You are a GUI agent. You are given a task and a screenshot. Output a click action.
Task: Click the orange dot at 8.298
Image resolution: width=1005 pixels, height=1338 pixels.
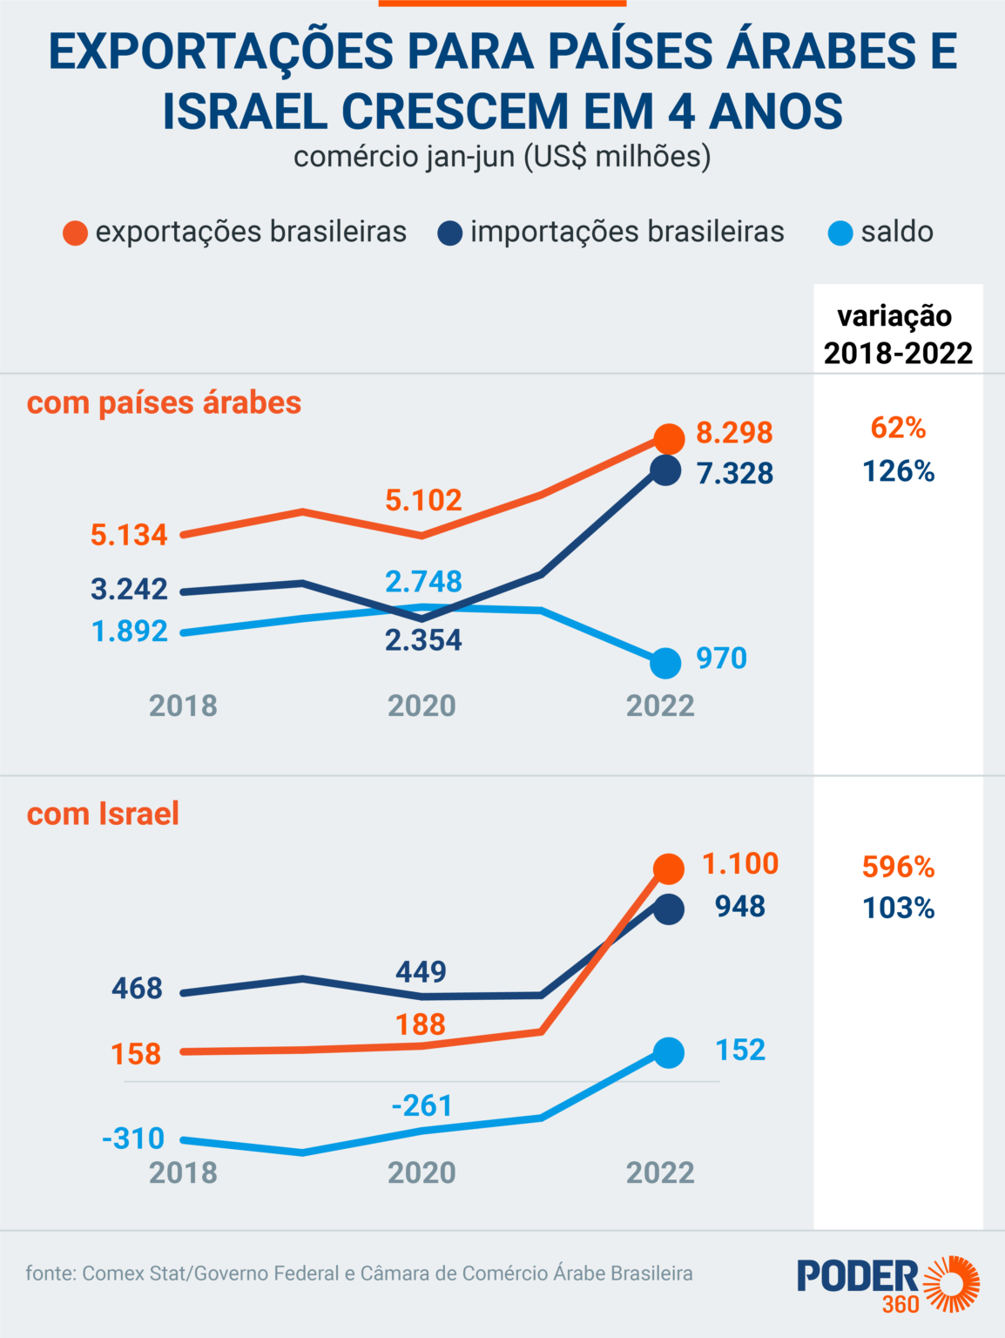click(x=669, y=438)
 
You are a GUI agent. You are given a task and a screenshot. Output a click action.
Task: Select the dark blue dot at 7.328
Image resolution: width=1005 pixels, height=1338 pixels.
click(x=665, y=470)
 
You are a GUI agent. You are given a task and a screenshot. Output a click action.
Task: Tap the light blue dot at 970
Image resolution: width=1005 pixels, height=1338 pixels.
click(x=665, y=663)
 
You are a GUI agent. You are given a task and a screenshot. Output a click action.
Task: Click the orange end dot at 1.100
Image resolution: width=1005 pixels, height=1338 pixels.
click(x=669, y=868)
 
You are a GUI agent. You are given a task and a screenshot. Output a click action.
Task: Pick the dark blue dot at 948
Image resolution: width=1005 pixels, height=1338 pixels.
click(x=669, y=909)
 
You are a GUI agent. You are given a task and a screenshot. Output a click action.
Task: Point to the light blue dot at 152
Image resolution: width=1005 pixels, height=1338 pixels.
click(x=669, y=1053)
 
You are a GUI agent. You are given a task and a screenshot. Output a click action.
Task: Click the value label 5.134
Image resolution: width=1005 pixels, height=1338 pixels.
click(x=129, y=535)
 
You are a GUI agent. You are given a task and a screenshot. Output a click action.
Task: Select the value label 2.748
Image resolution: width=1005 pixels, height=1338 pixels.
click(x=423, y=582)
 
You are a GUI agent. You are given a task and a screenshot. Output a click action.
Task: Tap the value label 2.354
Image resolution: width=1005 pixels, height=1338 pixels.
click(x=423, y=640)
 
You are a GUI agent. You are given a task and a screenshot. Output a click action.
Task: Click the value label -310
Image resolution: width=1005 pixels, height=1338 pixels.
click(x=133, y=1138)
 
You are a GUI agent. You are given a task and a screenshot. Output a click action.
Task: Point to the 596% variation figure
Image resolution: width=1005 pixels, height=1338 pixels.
click(x=899, y=867)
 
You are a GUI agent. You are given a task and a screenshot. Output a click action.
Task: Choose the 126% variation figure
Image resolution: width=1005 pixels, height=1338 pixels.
click(x=899, y=471)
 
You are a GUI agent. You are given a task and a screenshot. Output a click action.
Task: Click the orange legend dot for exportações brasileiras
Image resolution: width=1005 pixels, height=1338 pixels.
click(x=76, y=233)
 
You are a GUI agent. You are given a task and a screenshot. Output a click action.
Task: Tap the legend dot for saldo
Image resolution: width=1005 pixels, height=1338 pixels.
click(x=840, y=233)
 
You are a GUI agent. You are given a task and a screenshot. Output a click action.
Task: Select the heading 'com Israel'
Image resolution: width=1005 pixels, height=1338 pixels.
click(x=103, y=814)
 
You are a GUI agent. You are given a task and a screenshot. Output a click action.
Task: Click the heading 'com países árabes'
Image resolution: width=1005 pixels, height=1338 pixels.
click(x=164, y=403)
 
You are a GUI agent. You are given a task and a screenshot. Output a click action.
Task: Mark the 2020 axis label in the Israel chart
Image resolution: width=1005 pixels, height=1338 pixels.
click(x=422, y=1172)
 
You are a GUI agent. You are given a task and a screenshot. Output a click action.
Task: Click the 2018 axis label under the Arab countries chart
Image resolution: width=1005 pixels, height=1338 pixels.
click(x=184, y=706)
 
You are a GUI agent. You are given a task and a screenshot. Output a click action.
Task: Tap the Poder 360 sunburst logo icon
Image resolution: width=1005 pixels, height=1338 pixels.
click(x=951, y=1283)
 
